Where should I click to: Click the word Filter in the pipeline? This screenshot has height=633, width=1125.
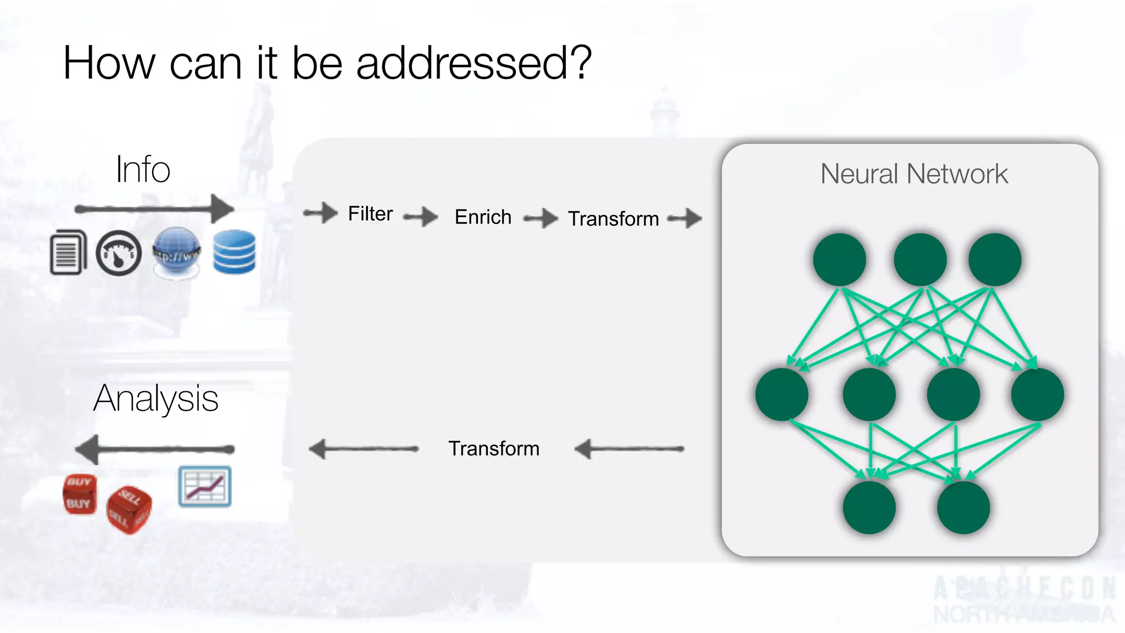click(370, 214)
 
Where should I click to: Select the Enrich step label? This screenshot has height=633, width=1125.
click(483, 217)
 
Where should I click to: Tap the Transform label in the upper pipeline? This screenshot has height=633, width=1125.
click(613, 219)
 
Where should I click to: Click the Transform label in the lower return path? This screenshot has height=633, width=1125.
click(494, 448)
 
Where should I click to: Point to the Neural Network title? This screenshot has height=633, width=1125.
click(914, 174)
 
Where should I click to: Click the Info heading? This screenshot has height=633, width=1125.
click(143, 169)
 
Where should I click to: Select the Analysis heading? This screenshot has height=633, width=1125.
click(156, 398)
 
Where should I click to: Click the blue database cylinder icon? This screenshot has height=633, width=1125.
click(235, 252)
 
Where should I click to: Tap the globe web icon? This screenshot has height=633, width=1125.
click(176, 253)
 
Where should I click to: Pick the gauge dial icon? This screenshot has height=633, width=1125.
click(119, 253)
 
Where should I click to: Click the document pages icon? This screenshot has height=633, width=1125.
click(68, 252)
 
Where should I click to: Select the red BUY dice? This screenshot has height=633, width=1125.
click(80, 495)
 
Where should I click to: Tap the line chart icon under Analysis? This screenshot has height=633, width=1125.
click(205, 487)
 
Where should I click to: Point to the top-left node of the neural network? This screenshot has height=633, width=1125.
click(839, 259)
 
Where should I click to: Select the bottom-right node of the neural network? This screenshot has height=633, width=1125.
click(963, 508)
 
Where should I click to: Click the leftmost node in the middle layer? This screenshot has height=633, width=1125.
click(781, 395)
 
